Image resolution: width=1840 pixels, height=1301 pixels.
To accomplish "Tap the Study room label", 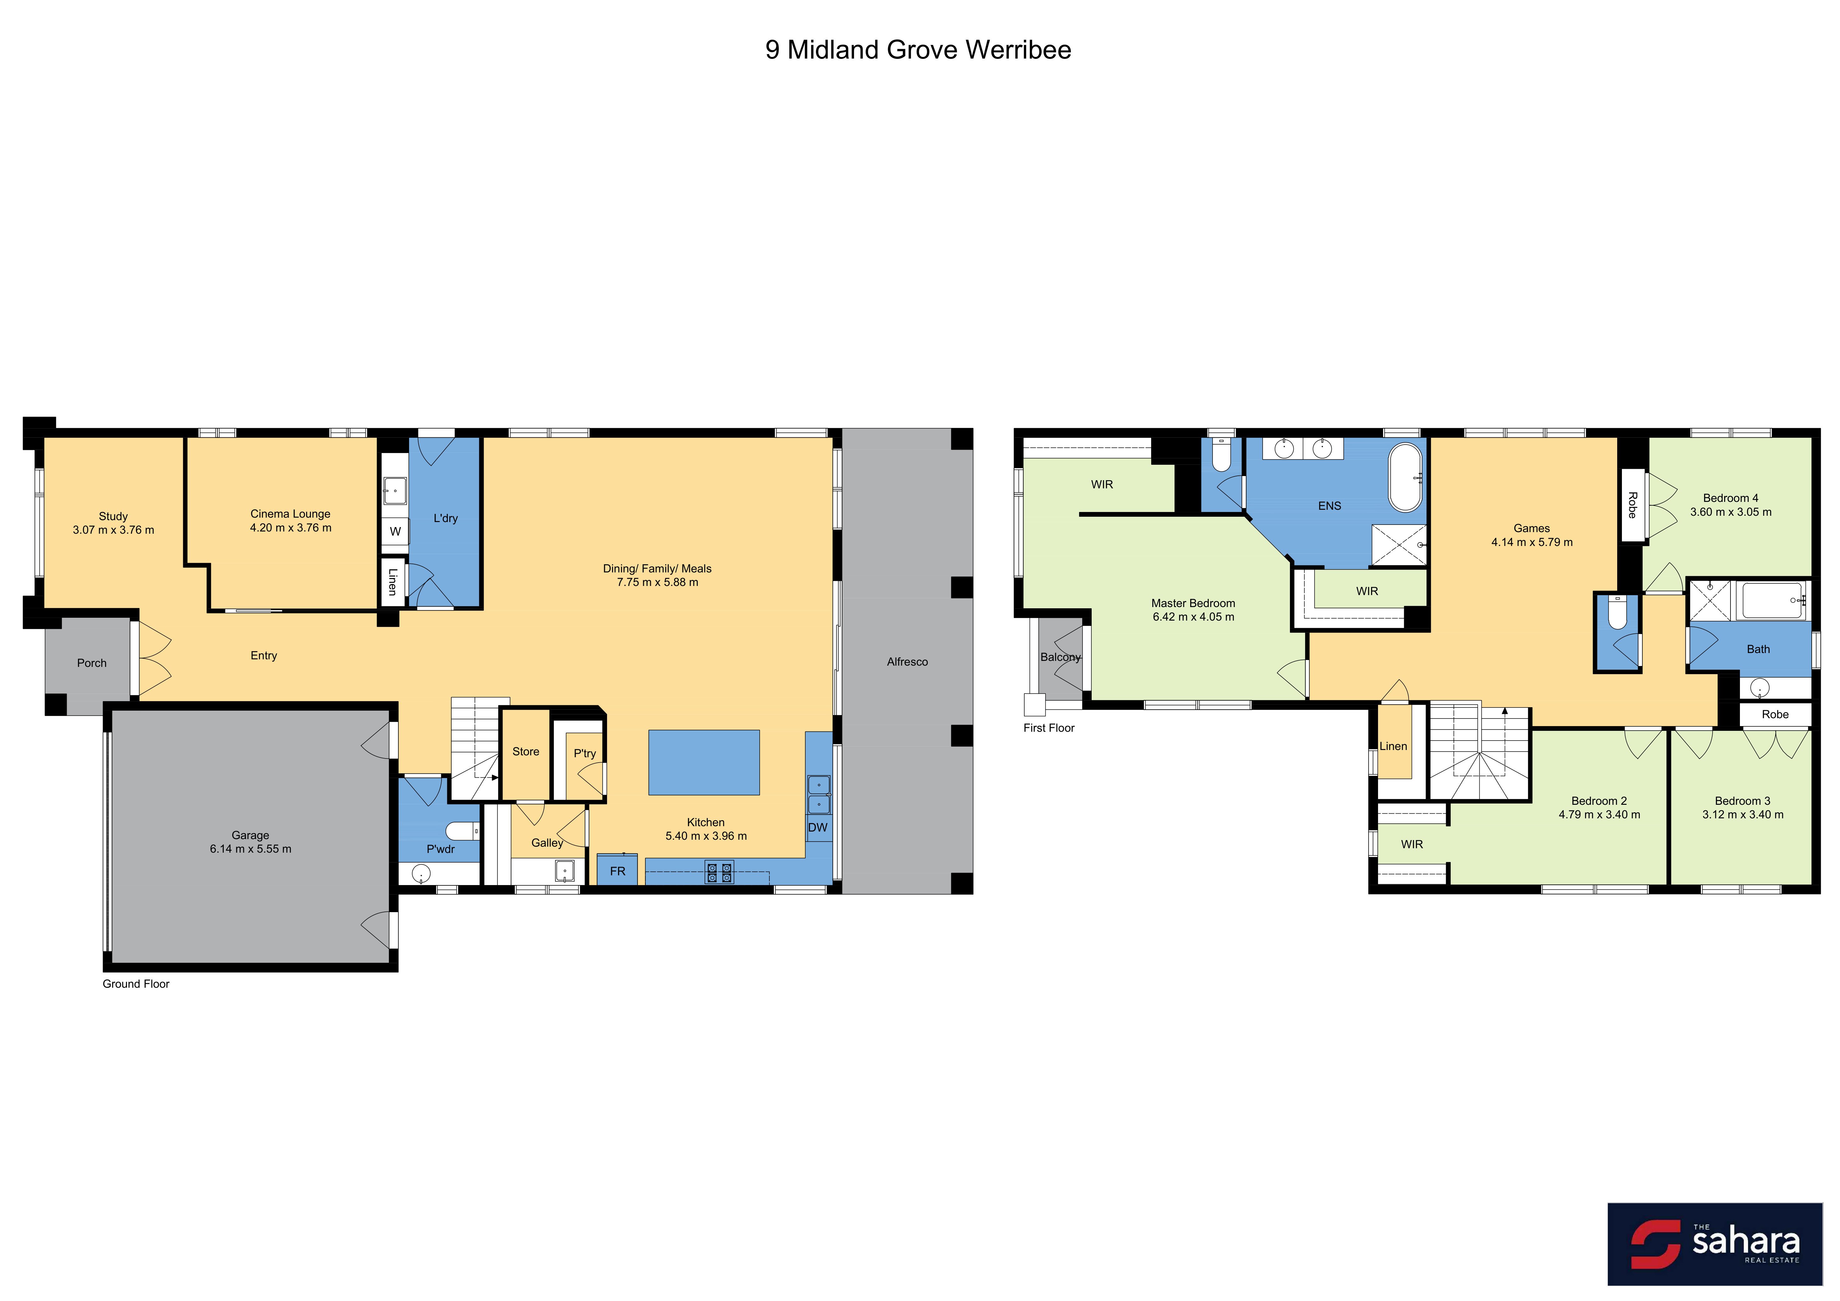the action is [113, 516].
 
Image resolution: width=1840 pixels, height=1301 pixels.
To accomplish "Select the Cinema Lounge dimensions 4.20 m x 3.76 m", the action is [290, 527].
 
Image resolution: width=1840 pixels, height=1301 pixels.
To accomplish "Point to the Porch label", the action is [91, 663].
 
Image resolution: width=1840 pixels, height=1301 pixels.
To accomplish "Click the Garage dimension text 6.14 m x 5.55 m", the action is [250, 849].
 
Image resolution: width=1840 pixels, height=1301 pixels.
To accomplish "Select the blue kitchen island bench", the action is [704, 762].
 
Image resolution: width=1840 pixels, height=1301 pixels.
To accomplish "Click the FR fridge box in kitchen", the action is [617, 870].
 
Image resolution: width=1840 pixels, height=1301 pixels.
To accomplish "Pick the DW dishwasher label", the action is [818, 827].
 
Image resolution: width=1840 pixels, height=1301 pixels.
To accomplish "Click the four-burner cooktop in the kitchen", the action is [719, 872].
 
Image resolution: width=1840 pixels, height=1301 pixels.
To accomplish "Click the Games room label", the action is [1532, 528].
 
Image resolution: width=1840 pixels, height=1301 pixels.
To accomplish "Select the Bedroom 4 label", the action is [1730, 498].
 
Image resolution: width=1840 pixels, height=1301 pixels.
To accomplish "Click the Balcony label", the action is [1060, 657].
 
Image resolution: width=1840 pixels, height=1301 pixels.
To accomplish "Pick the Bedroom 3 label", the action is [1742, 801].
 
